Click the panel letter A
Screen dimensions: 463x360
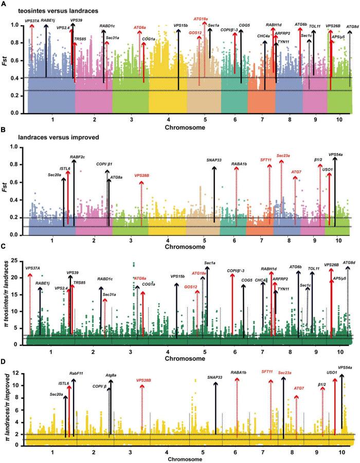pos(4,5)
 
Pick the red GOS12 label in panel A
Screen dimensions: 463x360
pos(195,33)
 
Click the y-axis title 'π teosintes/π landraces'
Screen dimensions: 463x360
pos(7,295)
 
